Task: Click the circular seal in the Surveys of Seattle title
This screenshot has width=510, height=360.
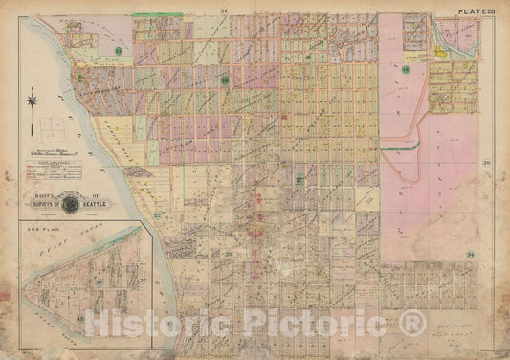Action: [x=70, y=202]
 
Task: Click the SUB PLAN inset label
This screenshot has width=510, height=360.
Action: [x=41, y=230]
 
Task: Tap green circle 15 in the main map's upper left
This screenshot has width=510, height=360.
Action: [x=119, y=49]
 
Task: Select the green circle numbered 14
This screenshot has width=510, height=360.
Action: [x=224, y=80]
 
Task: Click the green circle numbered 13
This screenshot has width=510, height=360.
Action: [x=406, y=70]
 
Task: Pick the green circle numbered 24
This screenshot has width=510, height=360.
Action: [x=471, y=254]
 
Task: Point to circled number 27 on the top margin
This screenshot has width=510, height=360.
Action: [x=222, y=11]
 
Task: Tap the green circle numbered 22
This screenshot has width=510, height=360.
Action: [x=157, y=214]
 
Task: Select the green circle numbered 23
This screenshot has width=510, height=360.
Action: [x=229, y=252]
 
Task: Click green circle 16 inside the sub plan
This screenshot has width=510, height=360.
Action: [x=100, y=284]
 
